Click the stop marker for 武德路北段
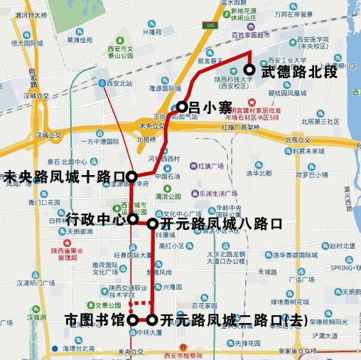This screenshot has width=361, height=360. point(249,69)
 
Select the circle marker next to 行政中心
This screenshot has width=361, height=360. point(132,219)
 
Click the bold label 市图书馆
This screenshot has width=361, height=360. point(94,319)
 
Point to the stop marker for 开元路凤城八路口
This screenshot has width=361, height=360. point(152,223)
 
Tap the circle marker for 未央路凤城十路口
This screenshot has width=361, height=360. point(131,175)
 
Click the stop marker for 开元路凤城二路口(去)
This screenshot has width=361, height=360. point(152,320)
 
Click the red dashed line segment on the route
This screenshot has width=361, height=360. point(141,302)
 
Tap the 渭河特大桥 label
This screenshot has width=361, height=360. point(32,14)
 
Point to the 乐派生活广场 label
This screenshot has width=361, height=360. point(217,192)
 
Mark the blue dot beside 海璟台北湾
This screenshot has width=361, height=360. point(55,349)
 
